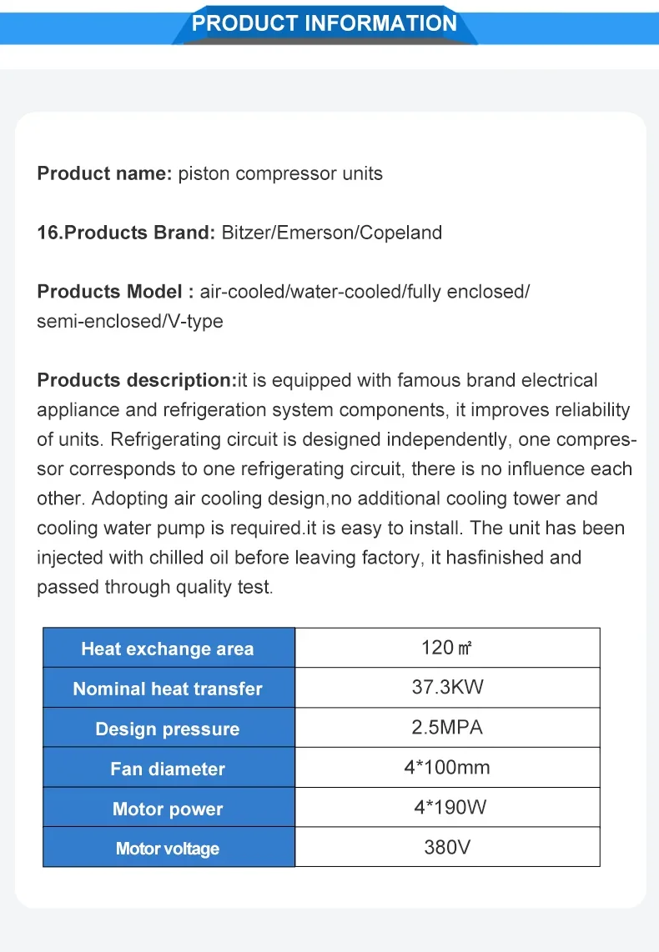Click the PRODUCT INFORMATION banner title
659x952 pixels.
pyautogui.click(x=324, y=23)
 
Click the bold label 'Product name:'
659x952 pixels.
pyautogui.click(x=104, y=174)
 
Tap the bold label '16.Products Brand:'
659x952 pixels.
pyautogui.click(x=127, y=233)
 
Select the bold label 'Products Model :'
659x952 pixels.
pyautogui.click(x=115, y=292)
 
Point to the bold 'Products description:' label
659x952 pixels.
pyautogui.click(x=137, y=380)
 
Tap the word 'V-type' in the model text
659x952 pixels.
pyautogui.click(x=195, y=321)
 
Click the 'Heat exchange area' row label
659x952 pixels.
pyautogui.click(x=168, y=649)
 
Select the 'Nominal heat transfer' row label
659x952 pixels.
pyautogui.click(x=168, y=689)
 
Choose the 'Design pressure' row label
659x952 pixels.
pyautogui.click(x=168, y=729)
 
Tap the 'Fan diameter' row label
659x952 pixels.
pyautogui.click(x=168, y=769)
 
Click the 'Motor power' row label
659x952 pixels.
pyautogui.click(x=168, y=809)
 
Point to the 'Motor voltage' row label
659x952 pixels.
pyautogui.click(x=168, y=849)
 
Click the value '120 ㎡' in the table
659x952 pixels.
pyautogui.click(x=447, y=648)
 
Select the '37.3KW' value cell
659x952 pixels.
pyautogui.click(x=447, y=688)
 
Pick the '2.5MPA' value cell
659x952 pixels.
pyautogui.click(x=447, y=728)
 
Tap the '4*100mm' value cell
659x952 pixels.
pyautogui.click(x=447, y=768)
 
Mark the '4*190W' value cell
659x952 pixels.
pyautogui.click(x=447, y=808)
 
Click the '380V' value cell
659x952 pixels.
pyautogui.click(x=447, y=848)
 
